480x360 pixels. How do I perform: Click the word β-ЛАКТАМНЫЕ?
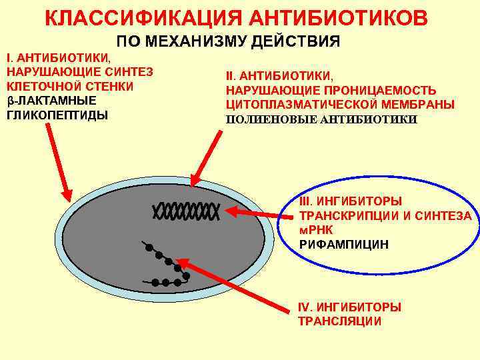51,101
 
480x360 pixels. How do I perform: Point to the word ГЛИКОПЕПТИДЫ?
57,115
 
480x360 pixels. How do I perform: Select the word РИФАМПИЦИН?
344,245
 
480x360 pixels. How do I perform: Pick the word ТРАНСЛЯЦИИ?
340,321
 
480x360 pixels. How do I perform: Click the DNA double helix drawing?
186,211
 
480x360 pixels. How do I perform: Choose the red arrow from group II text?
207,156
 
